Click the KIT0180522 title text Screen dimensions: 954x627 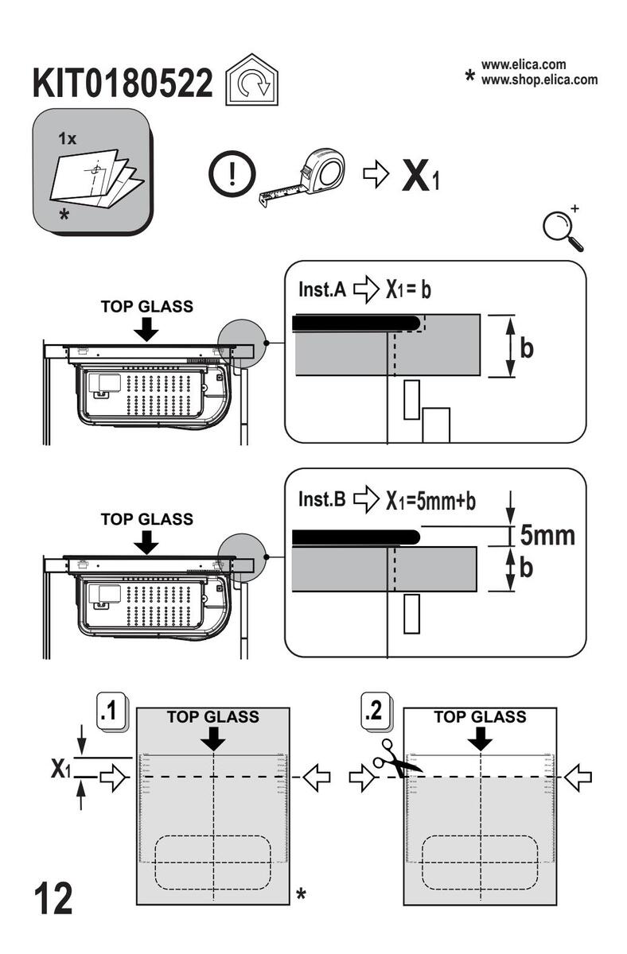(123, 84)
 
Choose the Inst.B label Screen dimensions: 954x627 (321, 500)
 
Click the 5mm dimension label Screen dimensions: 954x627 (547, 535)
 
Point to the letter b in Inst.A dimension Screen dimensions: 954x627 (526, 347)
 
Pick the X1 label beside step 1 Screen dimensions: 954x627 (61, 769)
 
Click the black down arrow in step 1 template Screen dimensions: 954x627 (213, 739)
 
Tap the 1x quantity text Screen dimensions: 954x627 (67, 139)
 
